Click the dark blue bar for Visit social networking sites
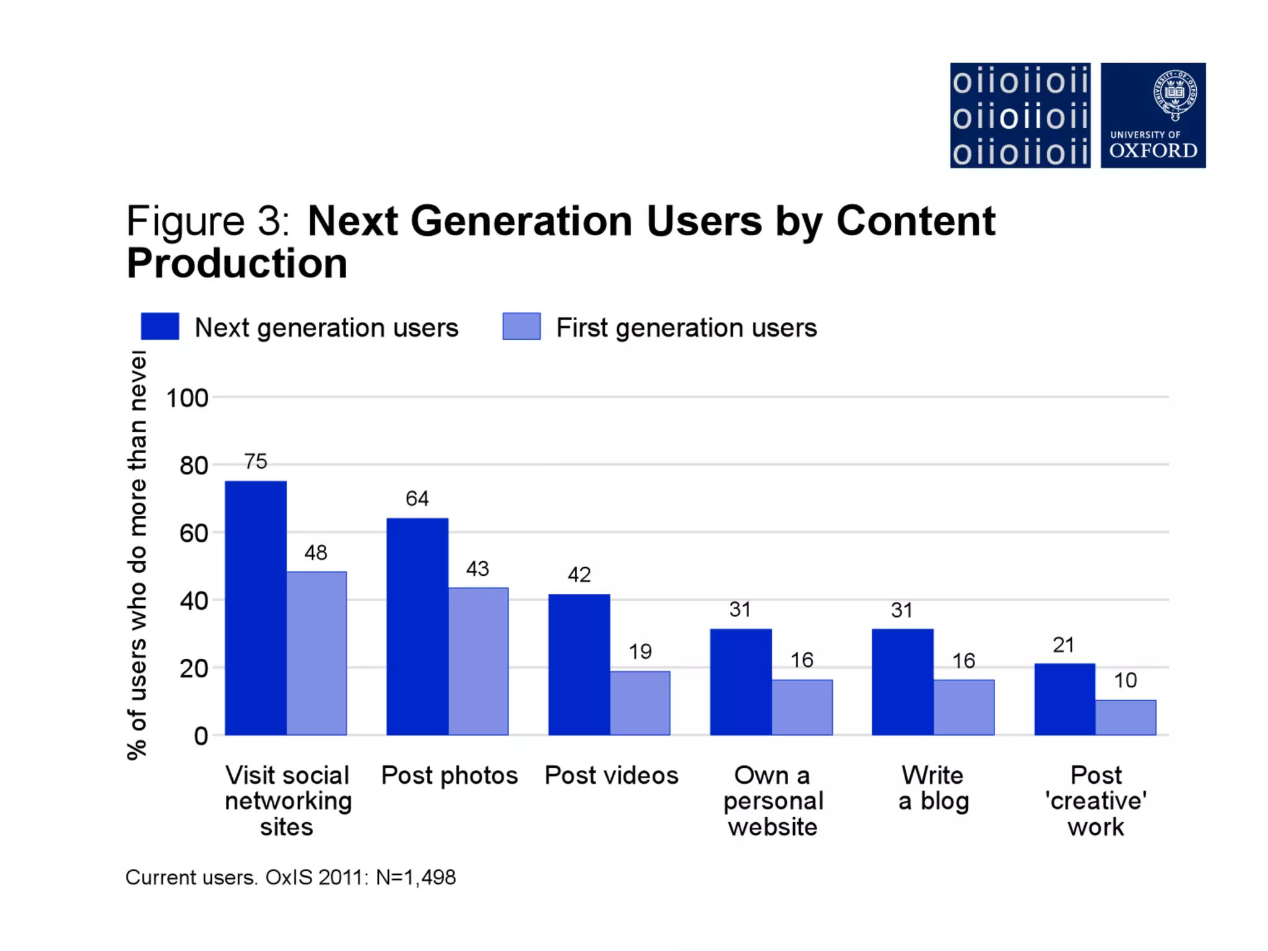pos(256,607)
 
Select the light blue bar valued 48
pos(316,653)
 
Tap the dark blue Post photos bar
pos(417,626)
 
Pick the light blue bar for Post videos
pos(640,703)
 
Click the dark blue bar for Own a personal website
pos(740,682)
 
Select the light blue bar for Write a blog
pos(964,707)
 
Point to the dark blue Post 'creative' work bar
pos(1064,699)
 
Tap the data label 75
pos(256,461)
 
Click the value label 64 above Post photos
pos(417,498)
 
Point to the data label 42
pos(580,575)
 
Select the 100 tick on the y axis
pos(187,397)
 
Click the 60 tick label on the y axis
pos(193,533)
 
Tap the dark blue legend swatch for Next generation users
pos(160,326)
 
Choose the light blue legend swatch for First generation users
pos(521,326)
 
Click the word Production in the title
pos(237,264)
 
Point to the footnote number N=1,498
pos(415,877)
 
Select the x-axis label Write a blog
pos(933,788)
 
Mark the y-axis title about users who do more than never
pos(137,554)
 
